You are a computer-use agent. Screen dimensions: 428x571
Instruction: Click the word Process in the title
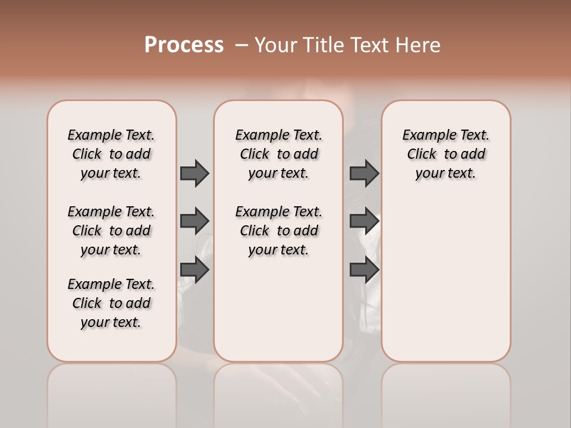(x=184, y=45)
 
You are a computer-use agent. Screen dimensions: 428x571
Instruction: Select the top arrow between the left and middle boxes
(x=194, y=173)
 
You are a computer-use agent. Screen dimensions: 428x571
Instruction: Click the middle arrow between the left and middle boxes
(x=194, y=221)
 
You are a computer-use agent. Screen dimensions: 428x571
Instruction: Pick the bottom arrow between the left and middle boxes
(x=194, y=270)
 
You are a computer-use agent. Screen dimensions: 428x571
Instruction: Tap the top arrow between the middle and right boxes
(x=364, y=173)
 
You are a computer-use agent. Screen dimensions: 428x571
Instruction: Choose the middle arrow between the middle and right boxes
(x=364, y=221)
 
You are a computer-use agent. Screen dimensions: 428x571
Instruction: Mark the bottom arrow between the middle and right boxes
(x=364, y=270)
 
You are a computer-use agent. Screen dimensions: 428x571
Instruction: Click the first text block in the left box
(x=111, y=154)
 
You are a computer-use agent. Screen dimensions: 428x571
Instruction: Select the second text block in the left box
(x=111, y=231)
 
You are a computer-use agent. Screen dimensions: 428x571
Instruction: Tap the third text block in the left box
(x=111, y=303)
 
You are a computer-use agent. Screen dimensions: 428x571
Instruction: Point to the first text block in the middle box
(x=278, y=154)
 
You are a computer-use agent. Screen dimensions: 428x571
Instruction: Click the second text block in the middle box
(x=278, y=231)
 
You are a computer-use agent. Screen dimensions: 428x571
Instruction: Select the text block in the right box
(x=446, y=154)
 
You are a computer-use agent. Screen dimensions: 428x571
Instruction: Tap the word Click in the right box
(x=422, y=154)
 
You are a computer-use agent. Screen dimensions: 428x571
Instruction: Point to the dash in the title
(x=241, y=45)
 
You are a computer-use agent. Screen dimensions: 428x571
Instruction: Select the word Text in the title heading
(x=371, y=45)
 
